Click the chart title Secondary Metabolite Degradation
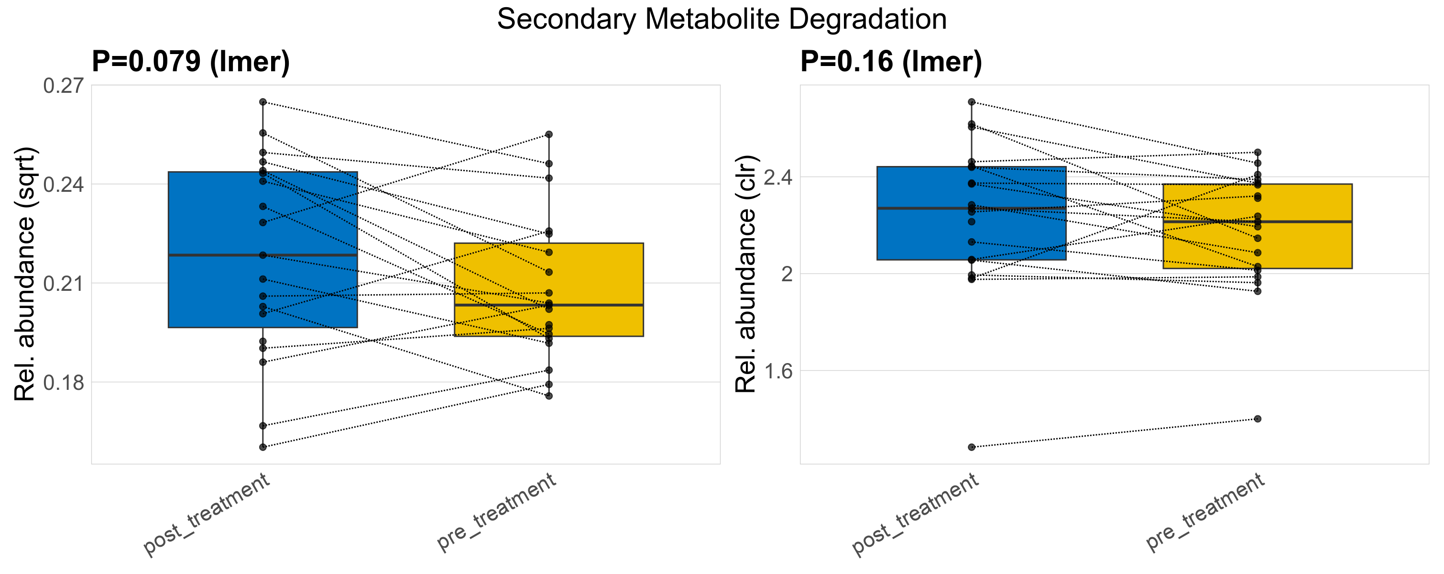[722, 19]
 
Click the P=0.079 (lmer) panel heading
[191, 61]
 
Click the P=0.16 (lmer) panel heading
[891, 61]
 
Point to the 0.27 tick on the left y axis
[63, 86]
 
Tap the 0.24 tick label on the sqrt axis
[63, 185]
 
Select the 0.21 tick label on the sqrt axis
[63, 283]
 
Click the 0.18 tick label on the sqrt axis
[63, 382]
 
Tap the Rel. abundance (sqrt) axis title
[25, 274]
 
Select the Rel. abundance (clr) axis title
[745, 274]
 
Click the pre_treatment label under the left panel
[497, 511]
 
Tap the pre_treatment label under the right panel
[1205, 511]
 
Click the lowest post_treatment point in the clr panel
[972, 447]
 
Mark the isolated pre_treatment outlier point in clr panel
[1258, 419]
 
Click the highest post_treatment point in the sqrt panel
[263, 102]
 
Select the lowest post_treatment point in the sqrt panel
[263, 447]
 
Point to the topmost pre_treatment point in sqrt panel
[549, 134]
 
